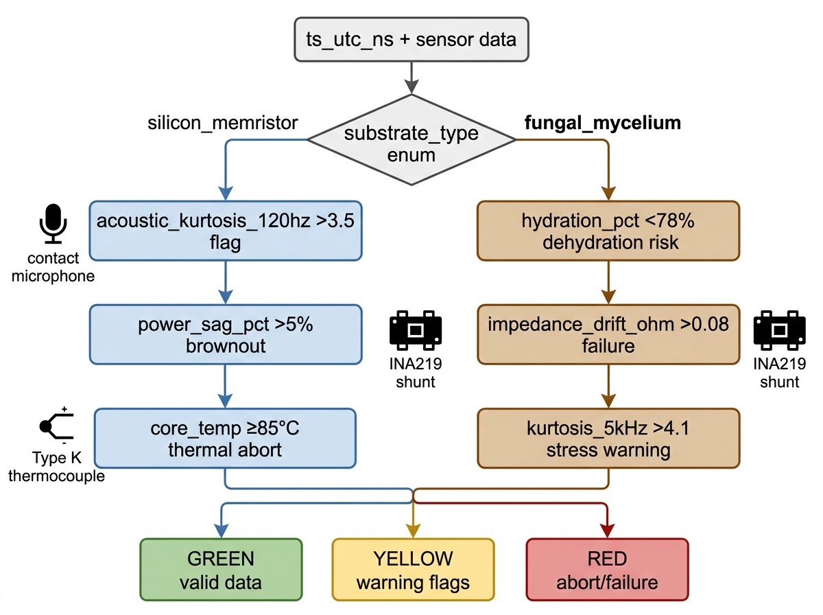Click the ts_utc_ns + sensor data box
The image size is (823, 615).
point(411,39)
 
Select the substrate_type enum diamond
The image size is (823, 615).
point(411,141)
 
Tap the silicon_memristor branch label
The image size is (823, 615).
point(223,123)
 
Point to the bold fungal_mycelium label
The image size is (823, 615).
point(602,123)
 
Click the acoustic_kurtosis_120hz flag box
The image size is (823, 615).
point(225,231)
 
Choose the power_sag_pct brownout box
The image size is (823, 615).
point(225,334)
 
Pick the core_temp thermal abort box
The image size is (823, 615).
point(225,438)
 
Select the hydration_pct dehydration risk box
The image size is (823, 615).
point(608,231)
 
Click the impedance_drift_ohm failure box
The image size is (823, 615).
point(608,334)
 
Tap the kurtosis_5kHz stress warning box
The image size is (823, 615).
point(608,438)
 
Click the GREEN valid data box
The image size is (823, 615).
point(221,570)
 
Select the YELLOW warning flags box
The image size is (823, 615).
point(413,570)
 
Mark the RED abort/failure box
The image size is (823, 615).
point(607,570)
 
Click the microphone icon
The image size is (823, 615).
point(53,223)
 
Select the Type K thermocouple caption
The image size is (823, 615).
point(56,467)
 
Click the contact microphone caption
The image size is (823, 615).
point(53,267)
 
